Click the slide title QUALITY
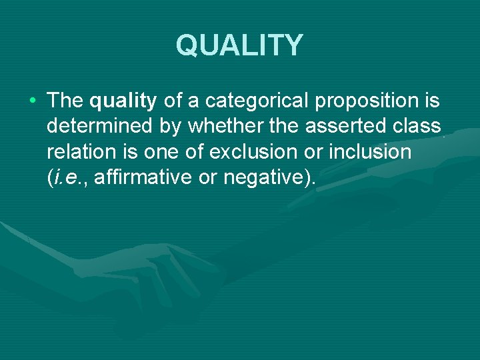[239, 45]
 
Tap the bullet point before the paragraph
[33, 101]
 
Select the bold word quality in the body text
[123, 101]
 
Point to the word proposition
[365, 101]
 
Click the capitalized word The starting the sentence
[65, 101]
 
